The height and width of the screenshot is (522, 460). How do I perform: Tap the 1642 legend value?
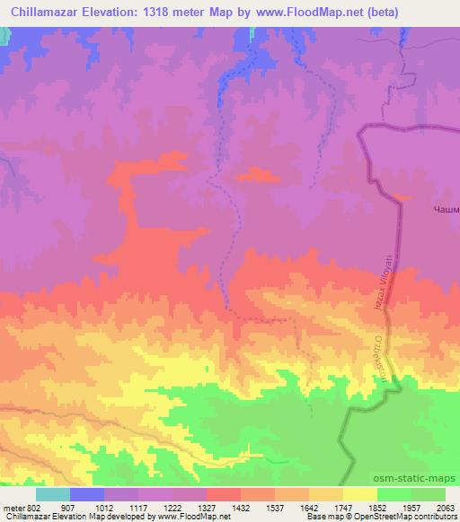point(326,508)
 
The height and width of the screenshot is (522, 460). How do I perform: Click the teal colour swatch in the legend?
point(53,494)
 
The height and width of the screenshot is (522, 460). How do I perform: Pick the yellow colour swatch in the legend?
point(360,494)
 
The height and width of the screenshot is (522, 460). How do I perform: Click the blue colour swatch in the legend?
point(87,494)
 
